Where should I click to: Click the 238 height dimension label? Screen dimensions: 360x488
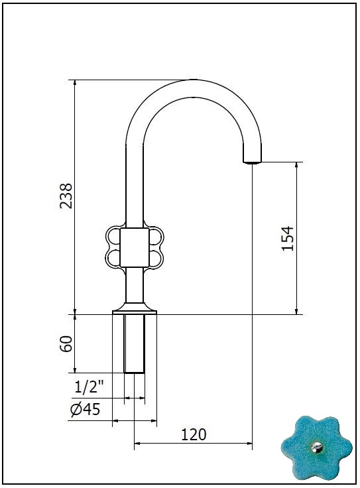66,196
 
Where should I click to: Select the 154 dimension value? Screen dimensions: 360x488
288,239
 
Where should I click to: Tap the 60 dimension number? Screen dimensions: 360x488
66,343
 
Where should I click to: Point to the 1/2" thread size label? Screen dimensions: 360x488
89,387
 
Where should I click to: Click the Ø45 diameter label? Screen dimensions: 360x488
86,409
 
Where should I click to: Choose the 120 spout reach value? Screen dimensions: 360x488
194,434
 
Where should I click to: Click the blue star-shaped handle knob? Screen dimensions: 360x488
317,448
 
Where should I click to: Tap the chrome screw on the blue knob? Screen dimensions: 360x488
317,448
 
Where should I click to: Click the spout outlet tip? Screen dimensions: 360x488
252,162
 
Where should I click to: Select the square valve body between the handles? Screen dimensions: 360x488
135,247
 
